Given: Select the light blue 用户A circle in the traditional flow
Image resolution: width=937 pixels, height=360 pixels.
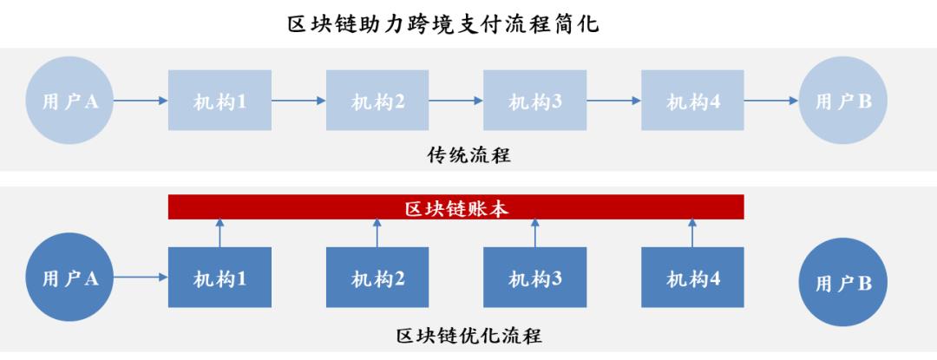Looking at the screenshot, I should [x=70, y=101].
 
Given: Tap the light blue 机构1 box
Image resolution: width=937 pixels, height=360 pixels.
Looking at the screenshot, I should [x=220, y=101].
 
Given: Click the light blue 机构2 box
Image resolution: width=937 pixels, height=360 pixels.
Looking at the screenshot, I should [x=377, y=101].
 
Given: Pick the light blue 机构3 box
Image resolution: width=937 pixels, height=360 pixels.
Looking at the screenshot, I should [x=535, y=101].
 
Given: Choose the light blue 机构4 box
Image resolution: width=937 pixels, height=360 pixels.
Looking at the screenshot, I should [x=693, y=101].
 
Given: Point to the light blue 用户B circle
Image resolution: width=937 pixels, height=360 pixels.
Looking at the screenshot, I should [x=842, y=101].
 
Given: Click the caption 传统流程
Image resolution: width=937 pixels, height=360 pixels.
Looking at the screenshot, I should [x=468, y=155].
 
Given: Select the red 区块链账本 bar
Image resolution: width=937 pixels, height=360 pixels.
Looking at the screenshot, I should [x=455, y=207].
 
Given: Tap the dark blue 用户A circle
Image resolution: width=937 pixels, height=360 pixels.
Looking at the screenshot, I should [x=70, y=278].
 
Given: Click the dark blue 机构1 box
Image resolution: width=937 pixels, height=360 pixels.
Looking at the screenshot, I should [x=220, y=278].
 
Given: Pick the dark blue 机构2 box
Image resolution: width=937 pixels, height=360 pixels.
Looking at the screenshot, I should [x=377, y=278].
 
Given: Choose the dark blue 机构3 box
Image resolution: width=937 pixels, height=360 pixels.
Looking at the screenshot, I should [x=535, y=278].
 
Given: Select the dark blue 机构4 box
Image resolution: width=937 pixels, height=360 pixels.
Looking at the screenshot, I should [x=693, y=278].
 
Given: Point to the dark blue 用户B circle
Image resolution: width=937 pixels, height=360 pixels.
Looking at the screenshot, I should [x=842, y=284].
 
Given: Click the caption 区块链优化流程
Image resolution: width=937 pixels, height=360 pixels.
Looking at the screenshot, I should [x=468, y=335].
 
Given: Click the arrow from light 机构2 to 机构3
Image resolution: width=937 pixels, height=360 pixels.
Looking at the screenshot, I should [x=456, y=101].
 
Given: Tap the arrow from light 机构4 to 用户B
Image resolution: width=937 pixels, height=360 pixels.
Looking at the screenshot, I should [x=771, y=101].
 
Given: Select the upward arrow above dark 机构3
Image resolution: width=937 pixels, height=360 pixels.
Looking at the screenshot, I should [x=535, y=232].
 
